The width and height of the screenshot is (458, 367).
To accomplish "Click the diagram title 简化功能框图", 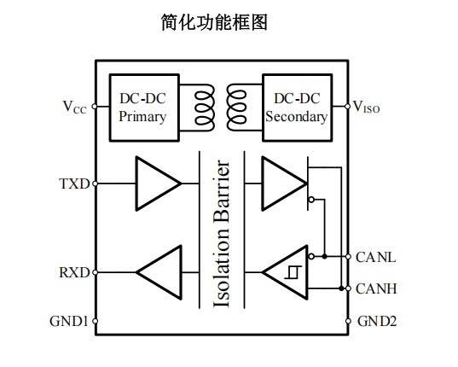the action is [x=214, y=22].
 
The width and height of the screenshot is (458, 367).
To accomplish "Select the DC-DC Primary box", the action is [x=144, y=108].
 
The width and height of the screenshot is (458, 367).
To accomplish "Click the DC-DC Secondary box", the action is [x=298, y=108].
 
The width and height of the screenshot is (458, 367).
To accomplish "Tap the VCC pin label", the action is [x=75, y=108].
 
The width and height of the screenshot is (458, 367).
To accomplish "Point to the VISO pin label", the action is [x=367, y=107].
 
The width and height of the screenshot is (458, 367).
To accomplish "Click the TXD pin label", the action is [x=74, y=183].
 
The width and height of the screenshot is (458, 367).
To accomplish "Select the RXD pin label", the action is [x=74, y=272].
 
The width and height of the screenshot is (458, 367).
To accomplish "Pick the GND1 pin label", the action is [x=69, y=321].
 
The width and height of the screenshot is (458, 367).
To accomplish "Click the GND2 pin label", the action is [x=377, y=322].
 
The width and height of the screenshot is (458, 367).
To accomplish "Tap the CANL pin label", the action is [x=375, y=258].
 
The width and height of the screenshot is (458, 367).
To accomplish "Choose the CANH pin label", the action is [x=376, y=288].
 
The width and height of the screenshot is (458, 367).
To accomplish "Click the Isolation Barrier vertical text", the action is [x=222, y=234].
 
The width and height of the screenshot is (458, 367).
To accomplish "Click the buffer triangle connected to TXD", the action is [x=158, y=183].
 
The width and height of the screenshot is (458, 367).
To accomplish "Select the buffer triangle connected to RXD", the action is [x=159, y=272].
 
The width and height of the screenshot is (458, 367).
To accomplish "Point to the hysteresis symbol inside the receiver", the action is [x=293, y=272].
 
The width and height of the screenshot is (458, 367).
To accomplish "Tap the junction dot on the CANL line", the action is [x=324, y=257].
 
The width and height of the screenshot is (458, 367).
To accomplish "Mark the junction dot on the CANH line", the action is [x=341, y=288].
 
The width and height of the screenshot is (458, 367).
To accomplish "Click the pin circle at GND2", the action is [x=348, y=321].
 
